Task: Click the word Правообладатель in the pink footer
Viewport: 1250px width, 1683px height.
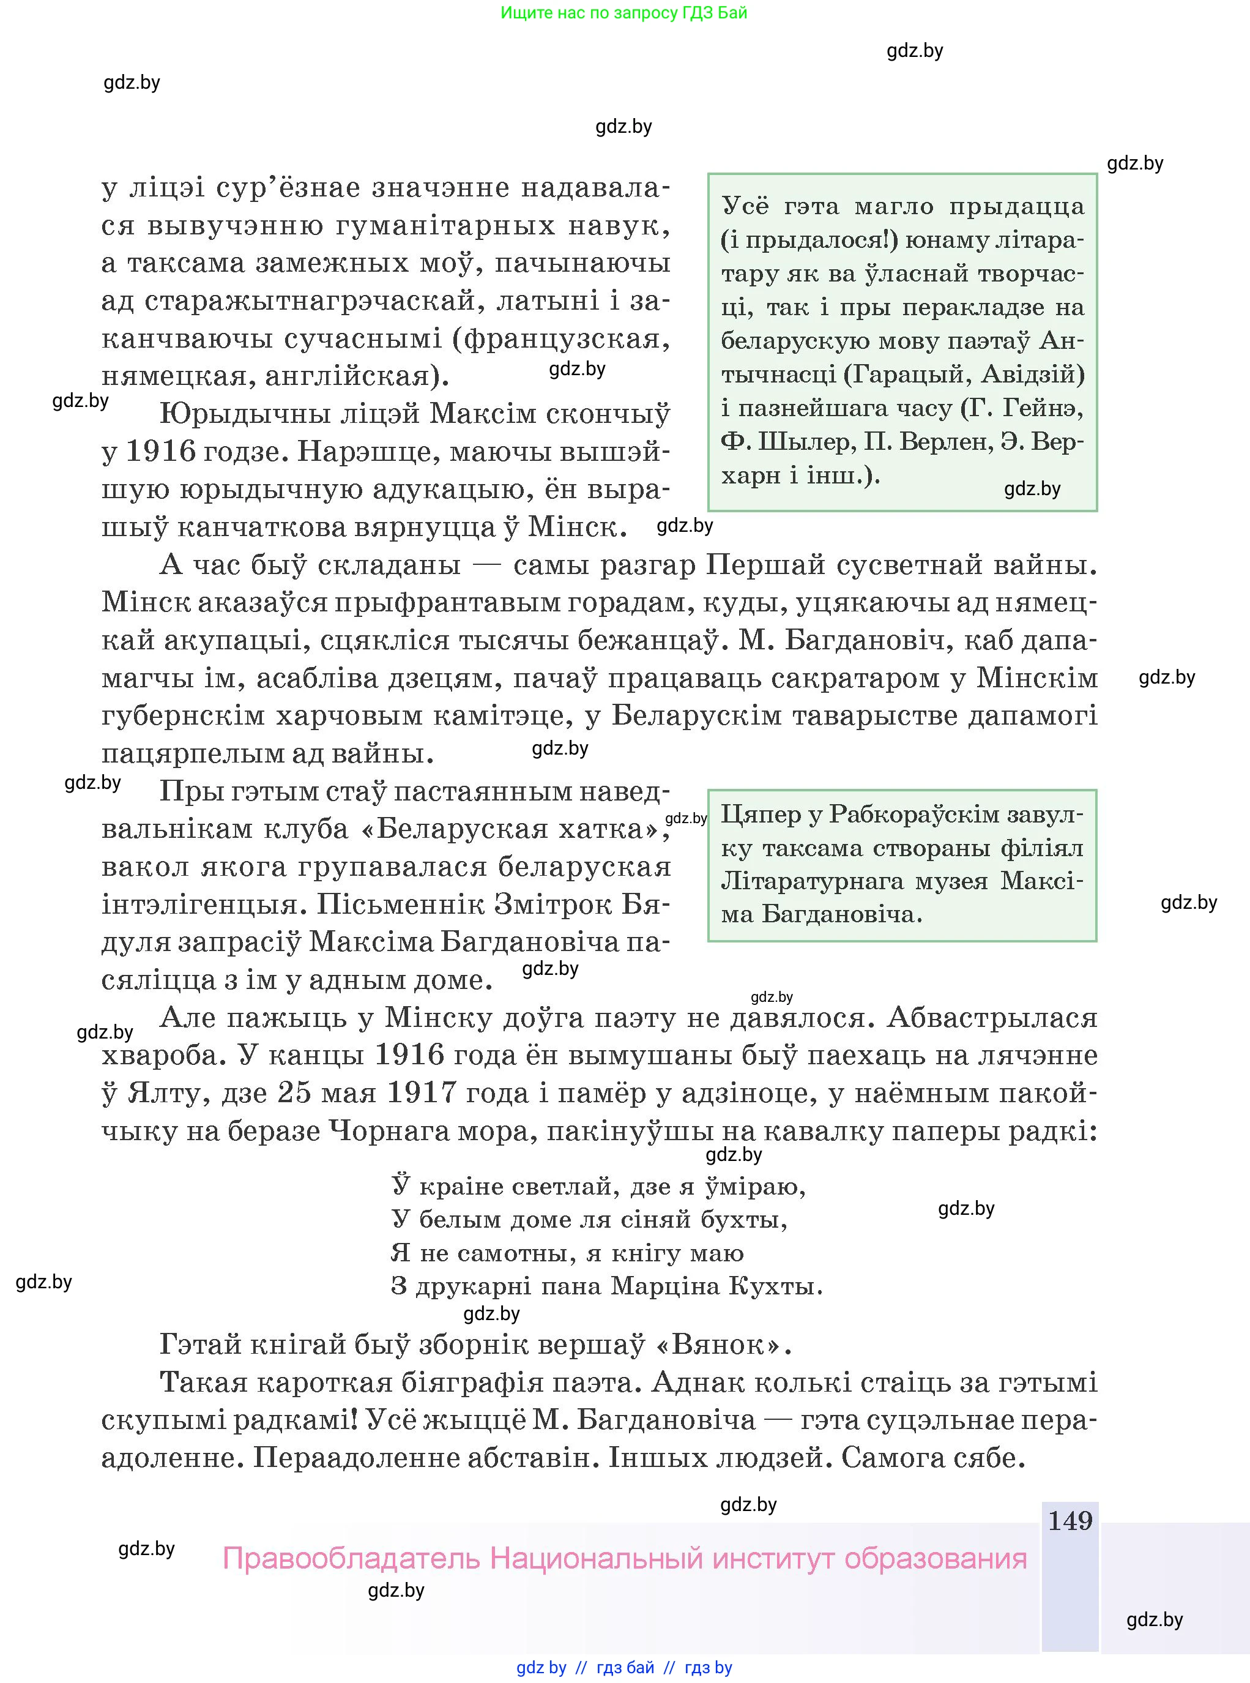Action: pyautogui.click(x=351, y=1559)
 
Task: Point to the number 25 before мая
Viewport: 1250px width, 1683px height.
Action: pyautogui.click(x=294, y=1094)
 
